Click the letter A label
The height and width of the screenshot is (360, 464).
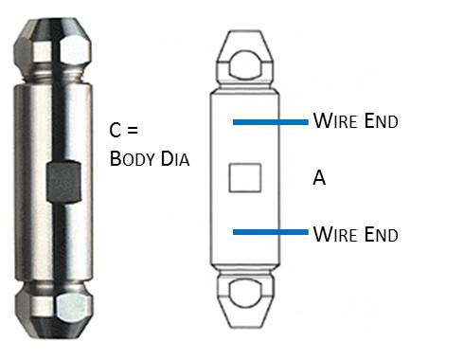319,178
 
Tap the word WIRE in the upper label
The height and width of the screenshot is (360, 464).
334,122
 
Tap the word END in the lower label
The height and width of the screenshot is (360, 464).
381,233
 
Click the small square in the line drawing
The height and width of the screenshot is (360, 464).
245,177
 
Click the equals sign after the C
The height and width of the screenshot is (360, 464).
135,130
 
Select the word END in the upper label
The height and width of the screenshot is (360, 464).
381,122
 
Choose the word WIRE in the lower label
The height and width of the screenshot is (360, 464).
334,233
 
